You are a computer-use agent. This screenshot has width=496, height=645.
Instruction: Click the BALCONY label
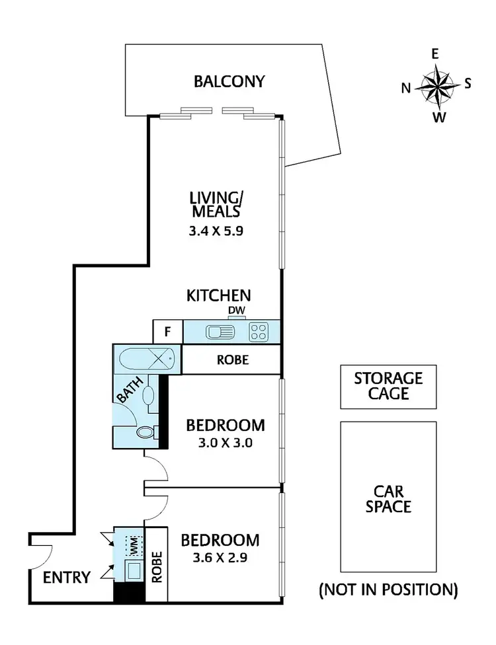(x=229, y=81)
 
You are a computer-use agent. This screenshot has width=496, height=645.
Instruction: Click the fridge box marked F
(x=167, y=331)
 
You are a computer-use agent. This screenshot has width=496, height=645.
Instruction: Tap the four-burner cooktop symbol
(x=258, y=332)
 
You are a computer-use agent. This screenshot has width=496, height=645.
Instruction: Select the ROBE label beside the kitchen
(x=232, y=361)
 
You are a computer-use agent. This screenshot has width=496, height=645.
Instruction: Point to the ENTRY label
(x=66, y=578)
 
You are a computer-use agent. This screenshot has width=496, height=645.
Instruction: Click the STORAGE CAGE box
(x=388, y=387)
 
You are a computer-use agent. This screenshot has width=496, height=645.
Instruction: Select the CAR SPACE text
(x=388, y=499)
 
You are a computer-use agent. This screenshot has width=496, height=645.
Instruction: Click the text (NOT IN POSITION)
(x=388, y=589)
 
